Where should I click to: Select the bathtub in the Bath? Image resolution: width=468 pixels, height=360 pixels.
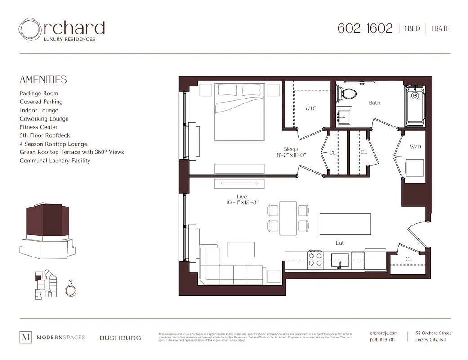coord(414,104)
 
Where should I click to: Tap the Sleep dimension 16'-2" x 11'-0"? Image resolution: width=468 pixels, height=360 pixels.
coord(290,155)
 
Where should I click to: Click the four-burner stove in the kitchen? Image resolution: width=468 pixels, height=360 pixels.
coord(315,259)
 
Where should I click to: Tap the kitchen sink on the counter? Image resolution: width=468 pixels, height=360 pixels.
coord(340,259)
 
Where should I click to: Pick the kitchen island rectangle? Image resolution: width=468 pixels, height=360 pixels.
coord(345,224)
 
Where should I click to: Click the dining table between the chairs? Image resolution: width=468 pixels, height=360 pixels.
coord(288,218)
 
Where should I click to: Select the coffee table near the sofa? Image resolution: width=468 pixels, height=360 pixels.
coord(241,249)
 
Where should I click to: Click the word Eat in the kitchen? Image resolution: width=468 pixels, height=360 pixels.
coord(340,243)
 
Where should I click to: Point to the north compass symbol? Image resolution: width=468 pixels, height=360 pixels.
coord(70,291)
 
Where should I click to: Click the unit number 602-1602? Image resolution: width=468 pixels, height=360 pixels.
coord(365,28)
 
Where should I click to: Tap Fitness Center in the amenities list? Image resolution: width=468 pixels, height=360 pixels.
coord(39,127)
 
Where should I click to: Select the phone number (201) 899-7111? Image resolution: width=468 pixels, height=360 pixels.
coord(382,340)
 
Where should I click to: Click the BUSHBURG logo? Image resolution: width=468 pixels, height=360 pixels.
coord(120,337)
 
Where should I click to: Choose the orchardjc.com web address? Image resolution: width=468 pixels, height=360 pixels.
coord(383,333)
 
